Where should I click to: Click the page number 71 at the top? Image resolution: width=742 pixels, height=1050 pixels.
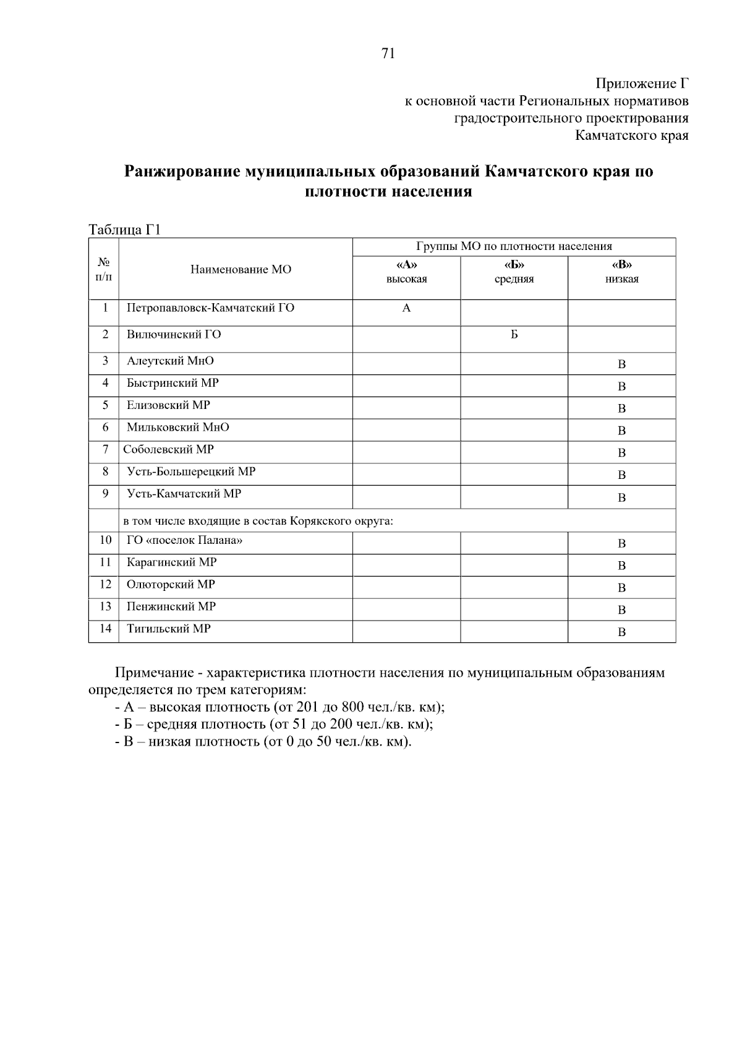click(388, 54)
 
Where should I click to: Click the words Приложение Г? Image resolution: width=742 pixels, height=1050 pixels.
click(642, 84)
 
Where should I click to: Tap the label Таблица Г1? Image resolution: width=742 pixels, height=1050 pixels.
click(125, 230)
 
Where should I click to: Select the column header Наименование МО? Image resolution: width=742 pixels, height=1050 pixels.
click(241, 270)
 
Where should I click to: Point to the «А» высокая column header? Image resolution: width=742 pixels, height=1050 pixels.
click(406, 272)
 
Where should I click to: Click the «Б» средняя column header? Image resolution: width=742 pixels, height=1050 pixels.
click(514, 272)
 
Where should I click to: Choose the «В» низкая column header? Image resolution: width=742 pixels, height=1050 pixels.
click(621, 272)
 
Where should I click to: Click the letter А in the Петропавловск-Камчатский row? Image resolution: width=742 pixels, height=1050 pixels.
click(406, 308)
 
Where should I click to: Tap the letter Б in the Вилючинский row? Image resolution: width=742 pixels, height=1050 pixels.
click(514, 335)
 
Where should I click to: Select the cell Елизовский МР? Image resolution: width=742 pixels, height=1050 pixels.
click(168, 405)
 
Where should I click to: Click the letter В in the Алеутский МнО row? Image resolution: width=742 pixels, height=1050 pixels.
click(621, 364)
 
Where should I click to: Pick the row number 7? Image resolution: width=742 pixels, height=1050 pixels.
click(105, 450)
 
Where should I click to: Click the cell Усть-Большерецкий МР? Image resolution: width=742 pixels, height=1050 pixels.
click(191, 472)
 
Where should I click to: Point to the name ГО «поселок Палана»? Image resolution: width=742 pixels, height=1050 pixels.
click(184, 541)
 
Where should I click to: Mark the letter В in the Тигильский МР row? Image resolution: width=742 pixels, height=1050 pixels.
click(621, 632)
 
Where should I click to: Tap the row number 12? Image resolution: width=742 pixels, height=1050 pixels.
click(105, 585)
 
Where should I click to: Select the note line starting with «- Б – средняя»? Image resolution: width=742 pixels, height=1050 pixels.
click(274, 725)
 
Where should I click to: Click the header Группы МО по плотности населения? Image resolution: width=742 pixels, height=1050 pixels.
click(514, 247)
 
